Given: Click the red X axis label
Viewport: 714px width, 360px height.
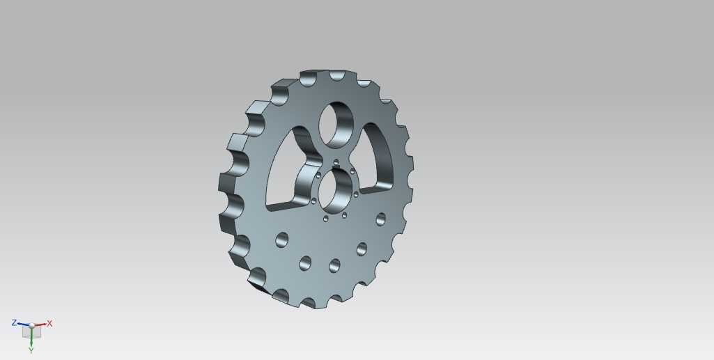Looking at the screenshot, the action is pos(49,324).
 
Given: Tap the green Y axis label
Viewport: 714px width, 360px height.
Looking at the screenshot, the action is pos(31,350).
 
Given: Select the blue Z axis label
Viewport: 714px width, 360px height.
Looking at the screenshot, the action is pos(14,322).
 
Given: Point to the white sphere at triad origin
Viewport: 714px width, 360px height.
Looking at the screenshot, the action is pos(31,325).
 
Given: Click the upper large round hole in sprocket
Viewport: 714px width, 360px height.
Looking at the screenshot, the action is pos(336,125).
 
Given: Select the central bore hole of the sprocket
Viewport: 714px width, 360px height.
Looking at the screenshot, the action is pos(336,191).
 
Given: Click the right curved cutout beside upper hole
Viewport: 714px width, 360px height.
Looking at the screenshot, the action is pos(375,157).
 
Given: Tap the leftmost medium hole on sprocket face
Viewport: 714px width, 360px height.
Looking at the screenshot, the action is pos(282,240).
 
